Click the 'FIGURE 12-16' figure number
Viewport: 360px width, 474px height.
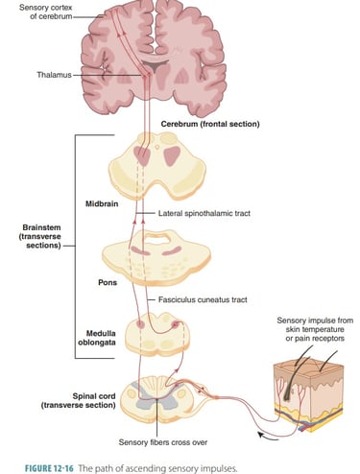tap(37, 465)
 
